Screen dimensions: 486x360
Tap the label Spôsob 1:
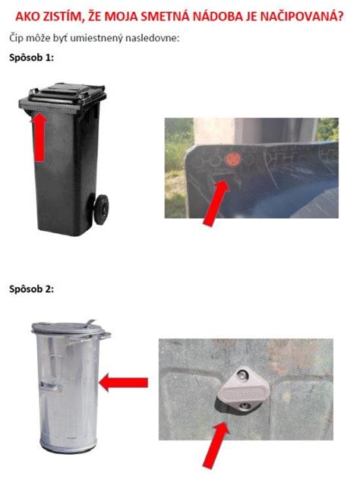coord(30,58)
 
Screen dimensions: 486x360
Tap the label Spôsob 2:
coord(30,289)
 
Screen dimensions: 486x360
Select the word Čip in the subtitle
coord(16,37)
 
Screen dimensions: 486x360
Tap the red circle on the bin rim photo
coord(234,159)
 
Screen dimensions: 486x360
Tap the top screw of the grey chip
coord(242,374)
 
